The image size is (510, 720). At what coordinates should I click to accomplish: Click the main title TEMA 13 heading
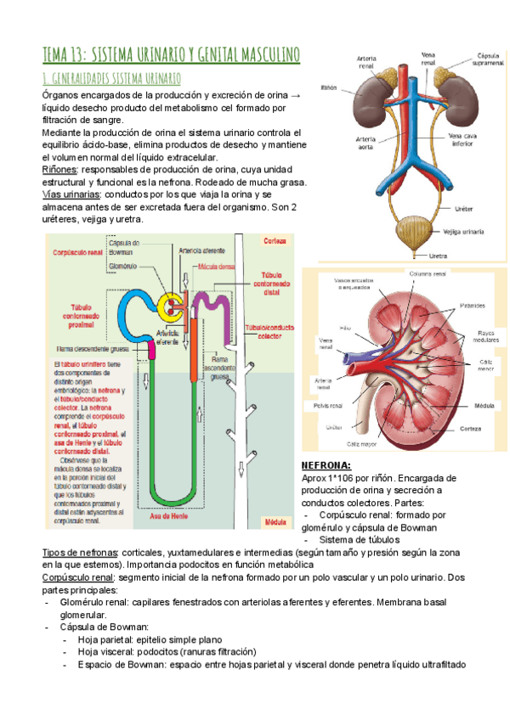[171, 55]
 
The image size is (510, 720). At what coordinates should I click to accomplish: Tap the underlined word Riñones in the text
[59, 170]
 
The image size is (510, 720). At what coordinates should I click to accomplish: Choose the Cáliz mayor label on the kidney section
[362, 443]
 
